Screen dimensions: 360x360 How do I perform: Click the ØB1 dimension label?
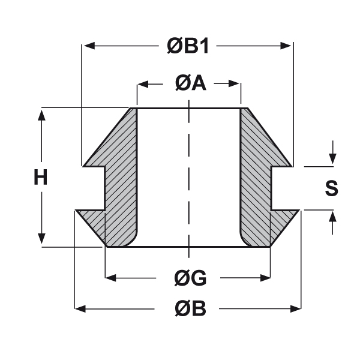(188, 46)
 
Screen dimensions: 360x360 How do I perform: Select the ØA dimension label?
(190, 83)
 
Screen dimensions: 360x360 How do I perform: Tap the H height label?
(41, 177)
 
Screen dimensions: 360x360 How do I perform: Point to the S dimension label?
(332, 188)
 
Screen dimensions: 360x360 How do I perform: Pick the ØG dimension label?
(190, 278)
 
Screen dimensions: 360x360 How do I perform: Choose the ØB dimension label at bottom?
(190, 309)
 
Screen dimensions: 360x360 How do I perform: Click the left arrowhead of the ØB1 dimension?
(89, 46)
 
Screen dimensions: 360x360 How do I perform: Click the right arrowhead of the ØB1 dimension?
(286, 46)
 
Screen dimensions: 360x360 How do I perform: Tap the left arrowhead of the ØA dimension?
(143, 84)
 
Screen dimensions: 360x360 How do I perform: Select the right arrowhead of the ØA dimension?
(234, 84)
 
